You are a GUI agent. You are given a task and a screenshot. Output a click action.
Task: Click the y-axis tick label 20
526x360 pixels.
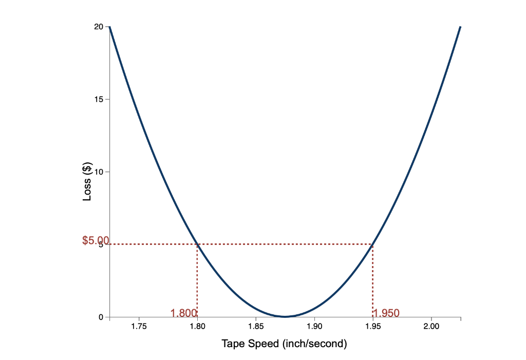point(99,27)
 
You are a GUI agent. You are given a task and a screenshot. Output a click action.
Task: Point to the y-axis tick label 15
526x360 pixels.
point(99,99)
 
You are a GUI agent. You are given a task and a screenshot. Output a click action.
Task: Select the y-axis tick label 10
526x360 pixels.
point(99,172)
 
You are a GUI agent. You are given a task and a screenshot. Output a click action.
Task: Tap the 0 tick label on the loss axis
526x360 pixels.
point(101,317)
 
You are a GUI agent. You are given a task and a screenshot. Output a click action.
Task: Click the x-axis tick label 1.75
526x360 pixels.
point(139,326)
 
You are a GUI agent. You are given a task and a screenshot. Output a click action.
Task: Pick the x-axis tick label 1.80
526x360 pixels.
point(197,326)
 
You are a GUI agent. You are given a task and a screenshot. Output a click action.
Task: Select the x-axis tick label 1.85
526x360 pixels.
point(256,326)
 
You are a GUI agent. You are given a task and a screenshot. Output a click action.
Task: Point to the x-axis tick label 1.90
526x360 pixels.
point(314,326)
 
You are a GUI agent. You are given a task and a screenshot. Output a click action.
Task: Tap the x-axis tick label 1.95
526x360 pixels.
point(373,326)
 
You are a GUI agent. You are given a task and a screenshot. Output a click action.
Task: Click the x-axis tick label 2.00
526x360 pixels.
point(431,326)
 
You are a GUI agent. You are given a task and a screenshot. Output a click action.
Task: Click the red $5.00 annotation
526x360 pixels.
point(96,240)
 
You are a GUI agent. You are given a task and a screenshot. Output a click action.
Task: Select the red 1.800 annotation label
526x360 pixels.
point(183,313)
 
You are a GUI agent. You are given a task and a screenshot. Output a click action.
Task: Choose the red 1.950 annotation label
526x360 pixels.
point(386,313)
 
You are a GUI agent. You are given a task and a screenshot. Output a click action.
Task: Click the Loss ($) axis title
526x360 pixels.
point(87,181)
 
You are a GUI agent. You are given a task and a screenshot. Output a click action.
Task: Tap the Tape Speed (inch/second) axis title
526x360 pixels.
point(285,344)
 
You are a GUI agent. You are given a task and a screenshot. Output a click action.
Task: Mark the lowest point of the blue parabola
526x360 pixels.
point(285,316)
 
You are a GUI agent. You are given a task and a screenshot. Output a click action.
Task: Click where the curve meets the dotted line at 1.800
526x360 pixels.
point(197,244)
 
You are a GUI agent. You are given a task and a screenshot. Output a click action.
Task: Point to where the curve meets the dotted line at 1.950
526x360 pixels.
point(373,244)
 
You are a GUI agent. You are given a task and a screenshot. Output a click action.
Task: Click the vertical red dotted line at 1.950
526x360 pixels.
point(373,280)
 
